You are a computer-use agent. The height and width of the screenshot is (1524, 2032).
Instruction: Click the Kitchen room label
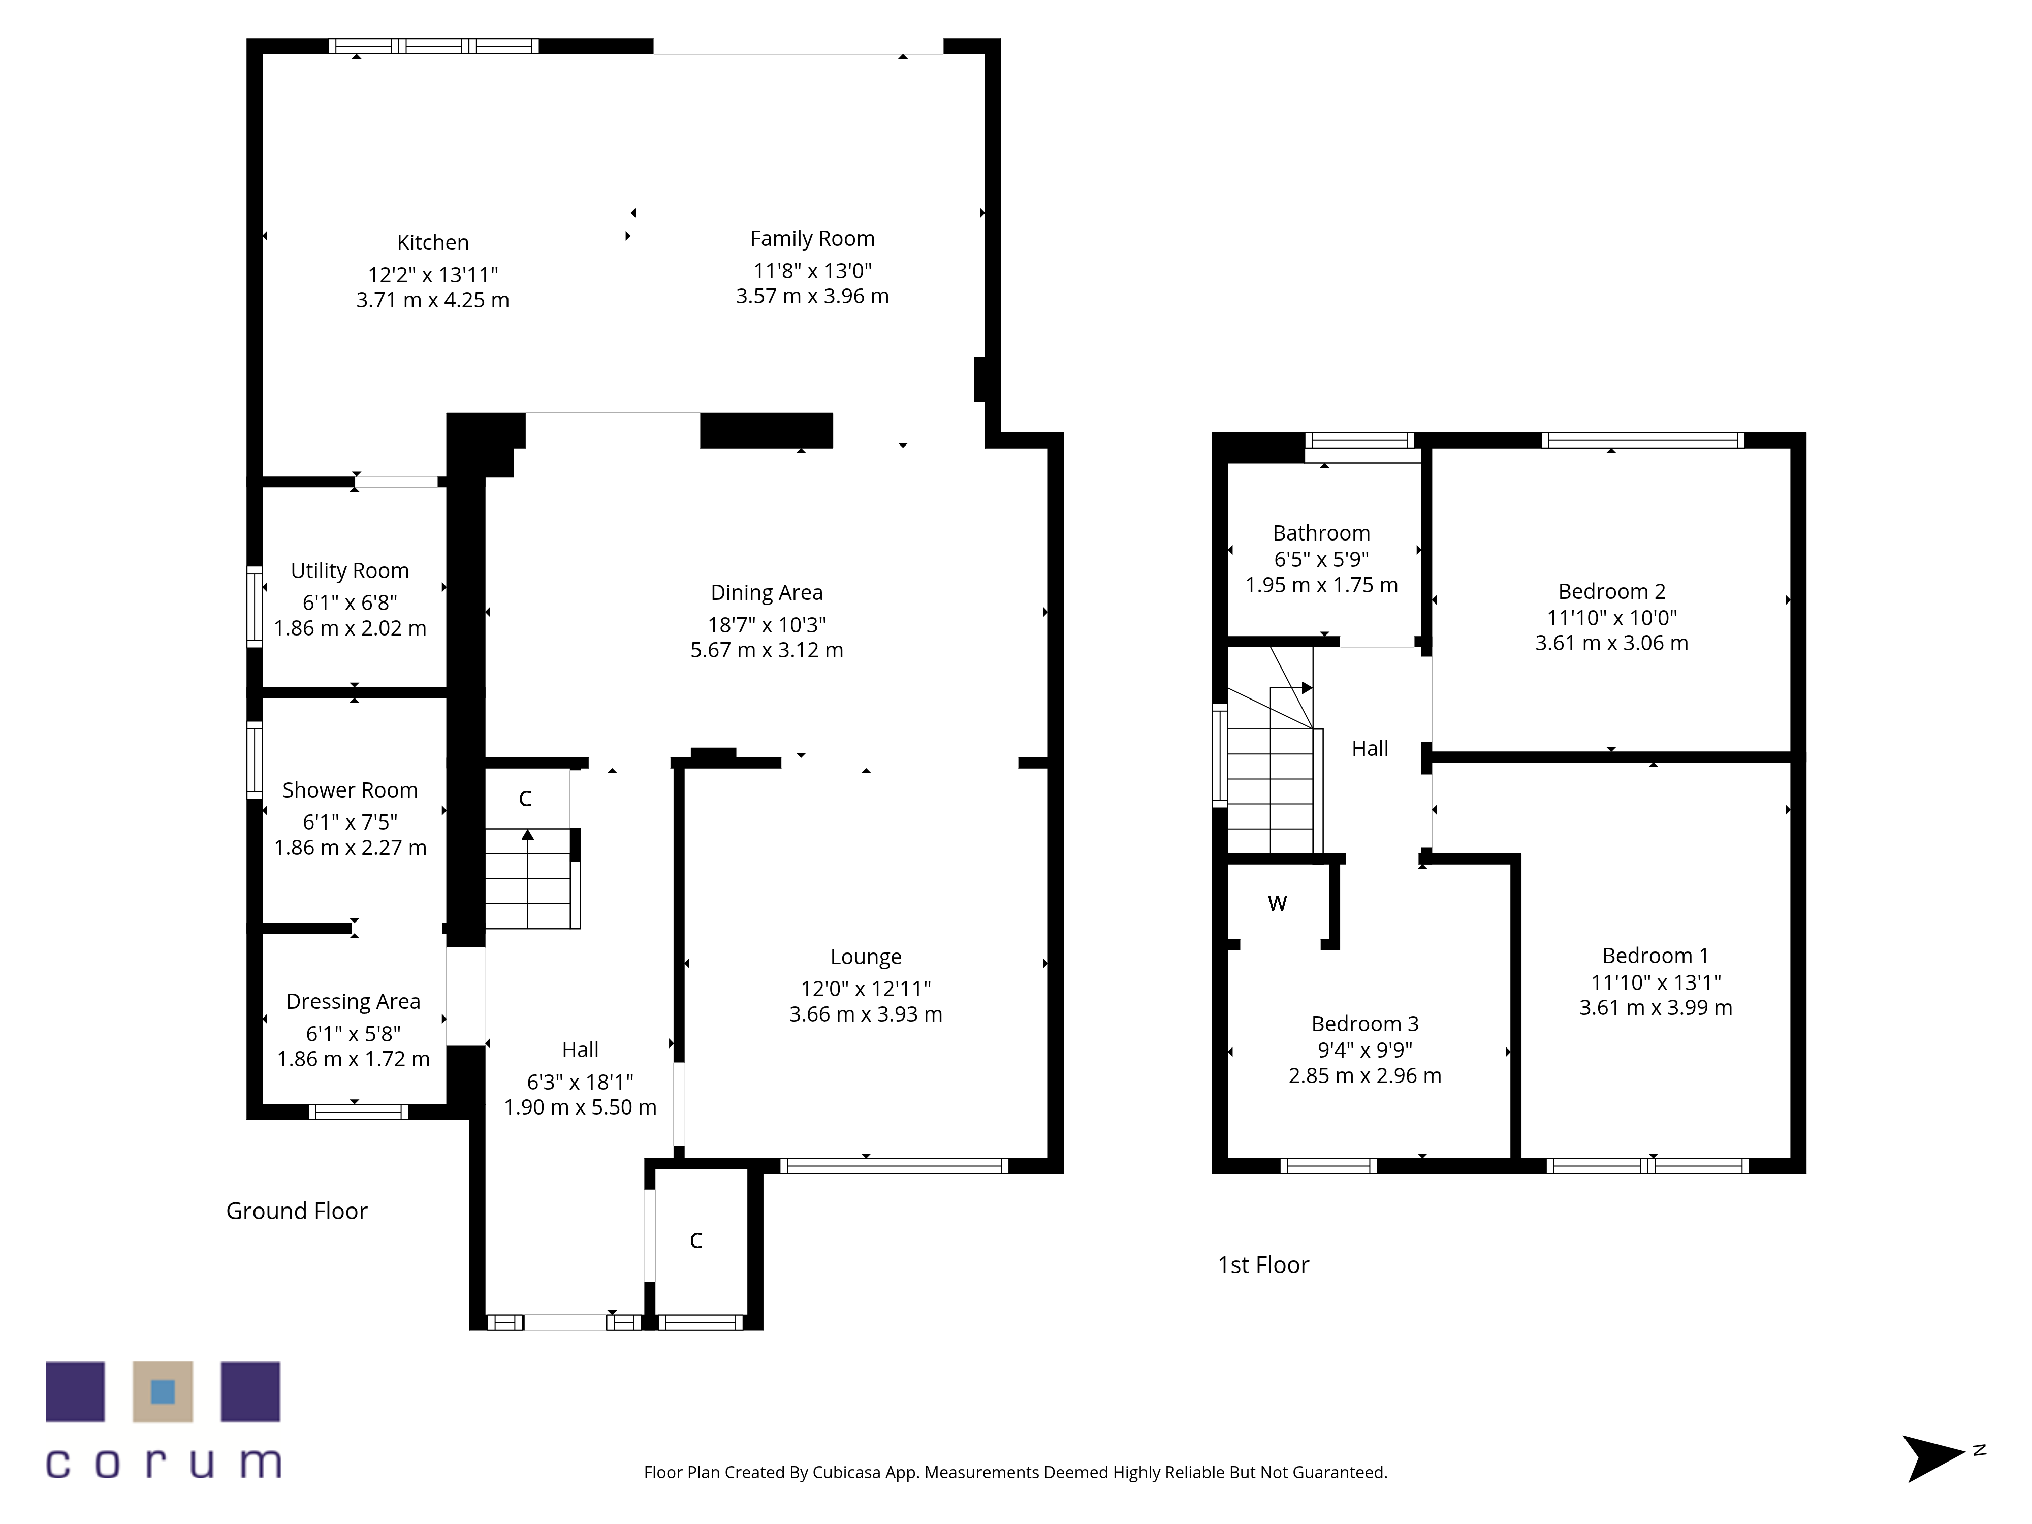pos(433,242)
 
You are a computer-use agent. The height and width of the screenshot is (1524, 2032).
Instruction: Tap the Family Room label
pos(812,239)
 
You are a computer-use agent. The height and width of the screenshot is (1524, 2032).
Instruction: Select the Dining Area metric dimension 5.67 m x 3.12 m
pos(767,650)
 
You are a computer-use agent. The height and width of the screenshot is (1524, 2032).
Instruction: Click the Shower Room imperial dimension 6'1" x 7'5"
pos(350,822)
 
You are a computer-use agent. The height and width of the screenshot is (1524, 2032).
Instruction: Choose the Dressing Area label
pos(354,1001)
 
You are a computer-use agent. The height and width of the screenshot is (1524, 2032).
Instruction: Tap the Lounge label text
pos(866,957)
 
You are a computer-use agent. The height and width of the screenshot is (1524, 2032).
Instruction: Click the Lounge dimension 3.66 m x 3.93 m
pos(866,1014)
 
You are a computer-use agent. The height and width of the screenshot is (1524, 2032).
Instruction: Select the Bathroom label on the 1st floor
pos(1322,534)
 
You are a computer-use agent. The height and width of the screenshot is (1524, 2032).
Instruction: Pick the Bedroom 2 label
pos(1612,592)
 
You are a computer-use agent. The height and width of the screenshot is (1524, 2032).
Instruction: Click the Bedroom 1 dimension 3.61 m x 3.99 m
pos(1656,1008)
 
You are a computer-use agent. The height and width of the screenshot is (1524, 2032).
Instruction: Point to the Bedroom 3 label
pos(1365,1023)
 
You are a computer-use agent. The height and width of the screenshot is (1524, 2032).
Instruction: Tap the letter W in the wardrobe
pos(1277,903)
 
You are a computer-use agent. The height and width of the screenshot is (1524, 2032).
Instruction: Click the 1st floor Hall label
pos(1370,749)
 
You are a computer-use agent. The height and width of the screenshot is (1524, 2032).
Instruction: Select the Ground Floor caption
pos(297,1211)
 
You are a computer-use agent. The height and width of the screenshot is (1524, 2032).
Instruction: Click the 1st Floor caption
pos(1263,1265)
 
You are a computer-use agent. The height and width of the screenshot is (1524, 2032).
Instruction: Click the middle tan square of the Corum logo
pos(163,1392)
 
